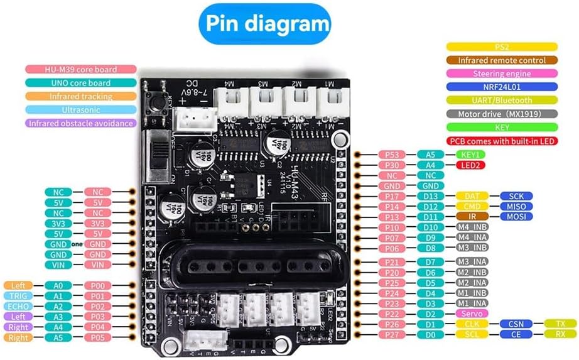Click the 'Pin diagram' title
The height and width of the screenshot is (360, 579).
[x=264, y=25]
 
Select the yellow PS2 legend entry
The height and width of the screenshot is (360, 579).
[x=502, y=46]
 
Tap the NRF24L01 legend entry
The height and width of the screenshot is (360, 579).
[x=502, y=87]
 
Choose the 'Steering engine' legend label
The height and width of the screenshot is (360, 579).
[x=502, y=74]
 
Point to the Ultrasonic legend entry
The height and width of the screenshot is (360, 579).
[x=80, y=109]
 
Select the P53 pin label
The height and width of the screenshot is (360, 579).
[x=392, y=154]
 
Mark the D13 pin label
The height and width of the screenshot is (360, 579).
[x=430, y=196]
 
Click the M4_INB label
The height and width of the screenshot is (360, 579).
[x=473, y=227]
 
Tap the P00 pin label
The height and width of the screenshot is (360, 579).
[x=97, y=285]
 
